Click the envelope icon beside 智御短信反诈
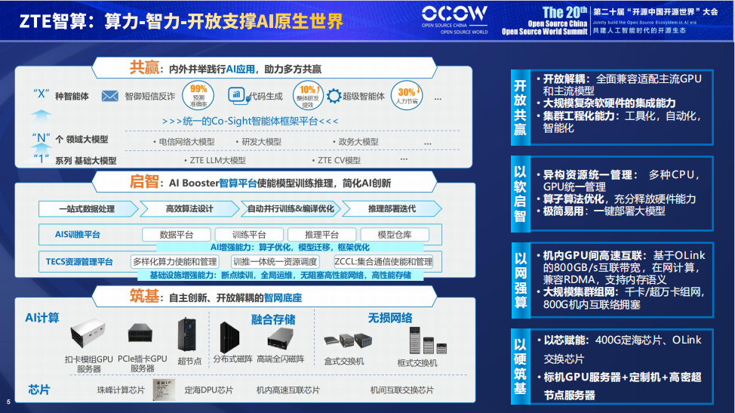tap(110, 96)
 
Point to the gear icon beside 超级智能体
tap(334, 96)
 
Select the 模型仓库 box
tap(393, 235)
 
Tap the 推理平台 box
tap(321, 235)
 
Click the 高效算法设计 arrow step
tap(188, 208)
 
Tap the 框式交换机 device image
tap(417, 340)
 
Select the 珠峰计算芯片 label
tap(121, 390)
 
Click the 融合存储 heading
tap(272, 319)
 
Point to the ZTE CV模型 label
tap(339, 160)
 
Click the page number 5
tap(8, 401)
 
